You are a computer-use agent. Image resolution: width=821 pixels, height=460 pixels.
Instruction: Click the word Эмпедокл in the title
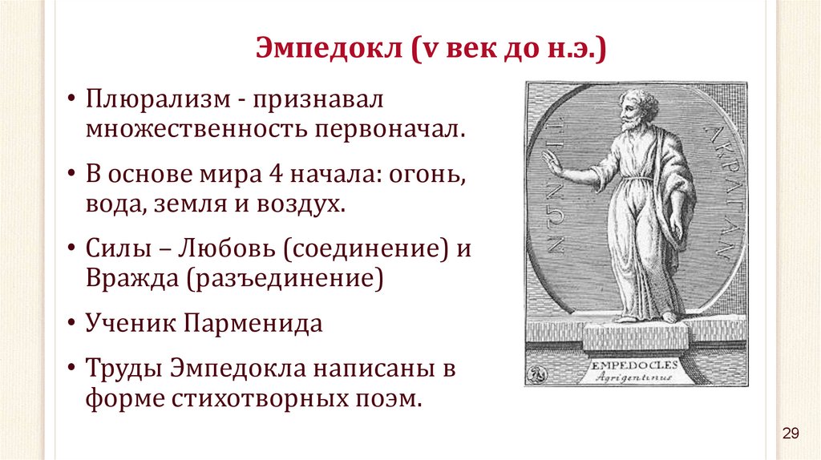click(330, 48)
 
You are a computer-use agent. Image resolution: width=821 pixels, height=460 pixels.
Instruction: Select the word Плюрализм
click(158, 99)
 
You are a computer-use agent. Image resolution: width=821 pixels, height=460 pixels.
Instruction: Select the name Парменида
click(253, 324)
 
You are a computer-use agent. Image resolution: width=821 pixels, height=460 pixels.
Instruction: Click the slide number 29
click(791, 434)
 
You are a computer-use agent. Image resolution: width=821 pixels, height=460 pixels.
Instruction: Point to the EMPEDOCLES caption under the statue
click(635, 365)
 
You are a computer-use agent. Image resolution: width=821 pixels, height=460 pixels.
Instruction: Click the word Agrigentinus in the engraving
click(635, 377)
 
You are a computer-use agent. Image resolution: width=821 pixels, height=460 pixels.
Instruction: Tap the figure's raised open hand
click(552, 165)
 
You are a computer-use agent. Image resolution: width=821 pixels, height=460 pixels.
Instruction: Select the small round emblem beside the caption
click(537, 374)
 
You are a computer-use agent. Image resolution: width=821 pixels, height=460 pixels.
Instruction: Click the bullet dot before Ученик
click(71, 323)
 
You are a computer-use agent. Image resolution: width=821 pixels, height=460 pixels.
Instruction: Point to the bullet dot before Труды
click(71, 368)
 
